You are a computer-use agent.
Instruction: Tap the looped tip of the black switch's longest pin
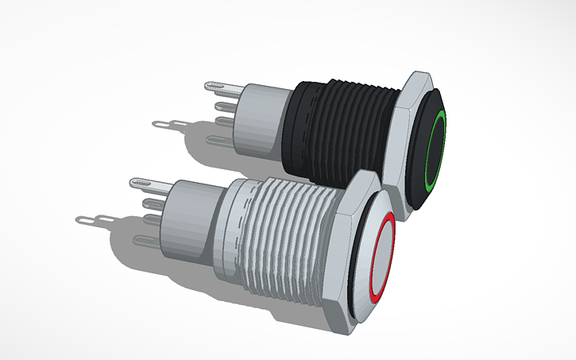[160, 123]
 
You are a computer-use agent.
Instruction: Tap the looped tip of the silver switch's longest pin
[83, 219]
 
